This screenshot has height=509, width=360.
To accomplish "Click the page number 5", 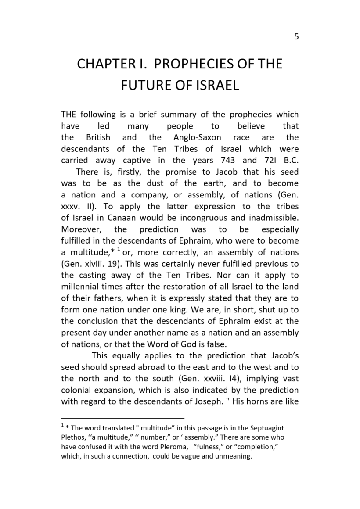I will (x=296, y=37).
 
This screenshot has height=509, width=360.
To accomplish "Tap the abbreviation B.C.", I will (x=288, y=160).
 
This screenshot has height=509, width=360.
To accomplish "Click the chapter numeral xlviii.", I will (x=94, y=264).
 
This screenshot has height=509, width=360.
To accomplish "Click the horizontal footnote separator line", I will (x=122, y=418).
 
